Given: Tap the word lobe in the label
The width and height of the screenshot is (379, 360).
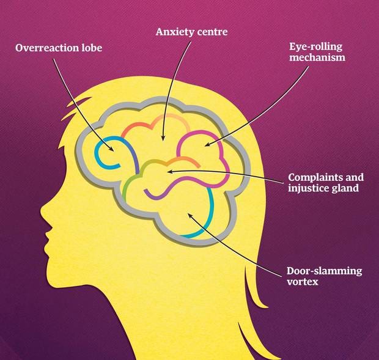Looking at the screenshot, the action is click(91, 48).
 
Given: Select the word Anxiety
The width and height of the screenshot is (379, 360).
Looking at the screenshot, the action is click(172, 32).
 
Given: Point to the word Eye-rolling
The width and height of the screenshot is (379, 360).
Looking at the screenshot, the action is click(315, 47).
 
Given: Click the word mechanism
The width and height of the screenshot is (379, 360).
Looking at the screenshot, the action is click(317, 57).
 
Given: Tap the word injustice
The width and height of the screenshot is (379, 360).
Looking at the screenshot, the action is click(309, 188).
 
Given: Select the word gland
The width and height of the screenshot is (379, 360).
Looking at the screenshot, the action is click(345, 188).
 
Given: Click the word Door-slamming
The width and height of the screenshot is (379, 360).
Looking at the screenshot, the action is click(324, 271).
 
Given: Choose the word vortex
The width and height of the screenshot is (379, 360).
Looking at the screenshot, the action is click(303, 282).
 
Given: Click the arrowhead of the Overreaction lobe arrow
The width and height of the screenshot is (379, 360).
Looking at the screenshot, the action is click(112, 149).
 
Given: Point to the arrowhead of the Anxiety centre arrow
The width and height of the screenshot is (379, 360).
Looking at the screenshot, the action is click(163, 139).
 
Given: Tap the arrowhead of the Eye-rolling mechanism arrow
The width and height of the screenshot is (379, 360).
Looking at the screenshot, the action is click(207, 145).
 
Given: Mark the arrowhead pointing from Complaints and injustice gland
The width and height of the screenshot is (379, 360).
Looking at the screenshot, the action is click(169, 172).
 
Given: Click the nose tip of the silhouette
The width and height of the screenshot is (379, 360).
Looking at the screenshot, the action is click(41, 209).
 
